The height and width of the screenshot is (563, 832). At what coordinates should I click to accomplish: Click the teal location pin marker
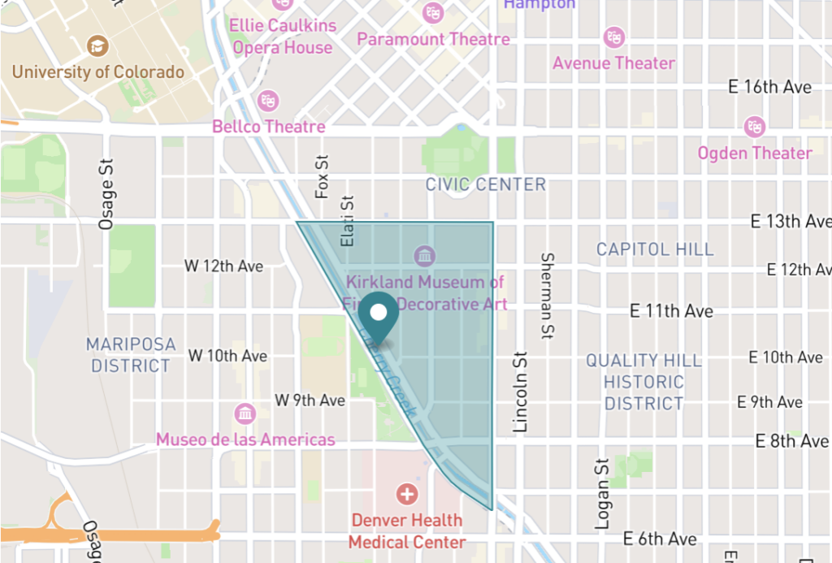pyautogui.click(x=379, y=314)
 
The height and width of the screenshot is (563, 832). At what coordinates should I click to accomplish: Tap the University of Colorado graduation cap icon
pyautogui.click(x=97, y=45)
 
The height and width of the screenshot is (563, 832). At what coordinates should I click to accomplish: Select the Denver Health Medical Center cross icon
pyautogui.click(x=406, y=493)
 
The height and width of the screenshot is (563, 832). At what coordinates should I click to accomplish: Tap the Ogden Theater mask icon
pyautogui.click(x=755, y=127)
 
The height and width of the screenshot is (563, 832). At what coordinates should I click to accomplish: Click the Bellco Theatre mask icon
pyautogui.click(x=267, y=101)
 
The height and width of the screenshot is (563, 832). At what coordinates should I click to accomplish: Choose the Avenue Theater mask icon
pyautogui.click(x=613, y=37)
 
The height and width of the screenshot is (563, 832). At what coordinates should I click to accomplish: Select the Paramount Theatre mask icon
pyautogui.click(x=433, y=12)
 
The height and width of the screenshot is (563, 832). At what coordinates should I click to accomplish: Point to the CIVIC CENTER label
pyautogui.click(x=486, y=185)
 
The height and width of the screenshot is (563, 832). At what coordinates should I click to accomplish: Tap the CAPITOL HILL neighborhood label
pyautogui.click(x=655, y=249)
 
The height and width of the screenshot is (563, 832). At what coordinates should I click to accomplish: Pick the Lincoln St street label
pyautogui.click(x=521, y=392)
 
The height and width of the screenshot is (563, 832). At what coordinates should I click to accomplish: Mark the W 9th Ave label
pyautogui.click(x=310, y=401)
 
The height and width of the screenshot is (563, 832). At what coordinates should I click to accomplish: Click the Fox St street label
pyautogui.click(x=323, y=177)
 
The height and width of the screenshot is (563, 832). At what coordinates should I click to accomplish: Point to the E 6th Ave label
pyautogui.click(x=660, y=539)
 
